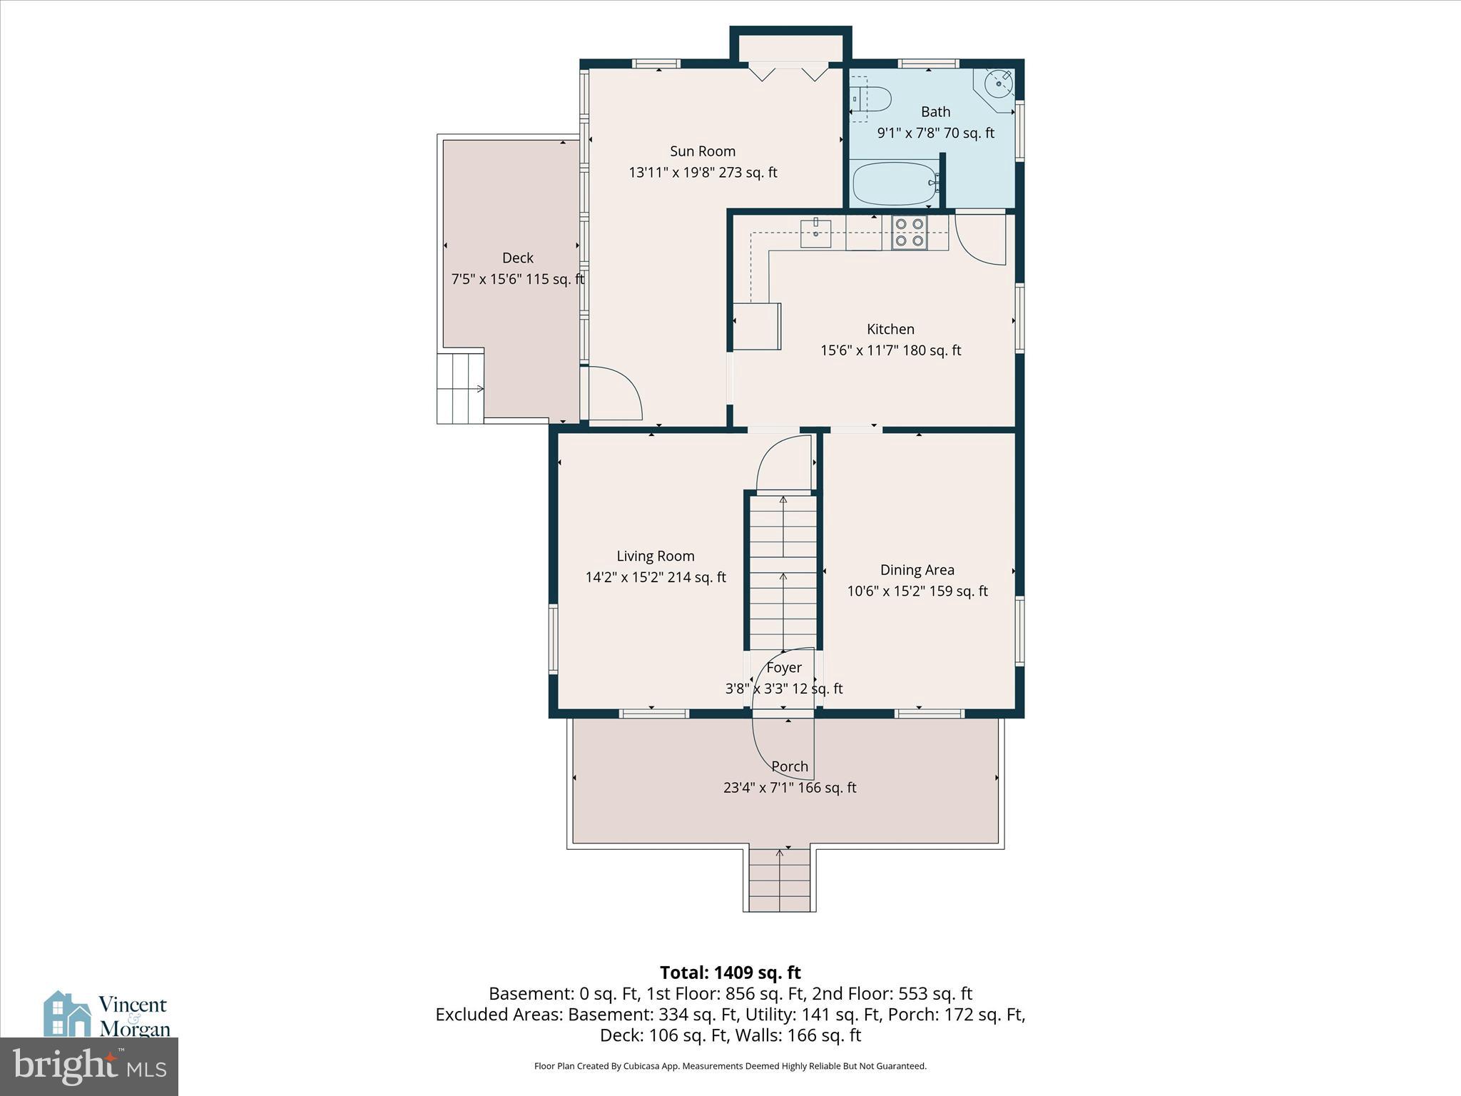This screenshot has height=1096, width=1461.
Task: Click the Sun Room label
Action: [x=702, y=151]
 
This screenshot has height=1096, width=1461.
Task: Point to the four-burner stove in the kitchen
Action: [x=909, y=233]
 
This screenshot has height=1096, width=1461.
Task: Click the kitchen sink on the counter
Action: [x=815, y=233]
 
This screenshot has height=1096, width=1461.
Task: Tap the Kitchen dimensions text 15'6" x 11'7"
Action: [x=890, y=350]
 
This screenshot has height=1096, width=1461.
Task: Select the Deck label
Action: [x=517, y=258]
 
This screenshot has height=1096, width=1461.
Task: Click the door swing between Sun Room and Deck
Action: [x=614, y=393]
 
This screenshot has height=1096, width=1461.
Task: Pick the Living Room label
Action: [x=655, y=556]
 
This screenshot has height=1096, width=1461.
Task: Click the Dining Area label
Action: [x=917, y=569]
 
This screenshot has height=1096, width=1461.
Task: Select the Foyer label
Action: [x=784, y=667]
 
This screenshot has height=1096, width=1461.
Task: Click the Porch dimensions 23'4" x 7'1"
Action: [x=789, y=788]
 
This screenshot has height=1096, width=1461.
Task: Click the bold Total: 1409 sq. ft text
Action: [x=730, y=973]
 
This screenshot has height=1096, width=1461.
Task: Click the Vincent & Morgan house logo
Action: [x=68, y=1013]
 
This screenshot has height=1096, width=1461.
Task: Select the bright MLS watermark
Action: [x=89, y=1066]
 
